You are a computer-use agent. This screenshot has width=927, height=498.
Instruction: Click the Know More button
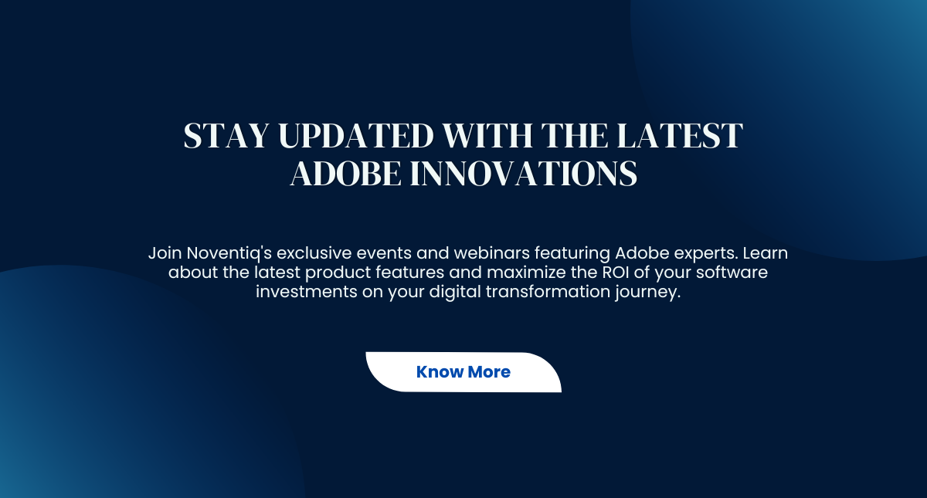(x=463, y=372)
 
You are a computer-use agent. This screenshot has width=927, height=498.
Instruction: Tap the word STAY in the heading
(x=226, y=135)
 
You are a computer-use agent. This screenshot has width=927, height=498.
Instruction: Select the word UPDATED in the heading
(x=356, y=135)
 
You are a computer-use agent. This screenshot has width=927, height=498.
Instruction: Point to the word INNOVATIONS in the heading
(x=524, y=173)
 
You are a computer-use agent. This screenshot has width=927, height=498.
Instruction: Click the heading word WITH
(x=487, y=135)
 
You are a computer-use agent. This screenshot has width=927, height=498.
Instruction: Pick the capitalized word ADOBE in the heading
(x=345, y=173)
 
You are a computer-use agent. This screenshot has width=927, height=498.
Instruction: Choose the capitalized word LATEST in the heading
(x=680, y=135)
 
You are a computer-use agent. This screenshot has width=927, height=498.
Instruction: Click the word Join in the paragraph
(x=165, y=253)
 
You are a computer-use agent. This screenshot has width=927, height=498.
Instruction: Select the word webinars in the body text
(x=491, y=252)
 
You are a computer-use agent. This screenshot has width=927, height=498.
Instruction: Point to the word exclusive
(x=314, y=252)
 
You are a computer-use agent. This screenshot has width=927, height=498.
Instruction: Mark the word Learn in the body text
(x=766, y=252)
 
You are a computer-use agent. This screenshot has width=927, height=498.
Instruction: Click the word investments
(x=306, y=292)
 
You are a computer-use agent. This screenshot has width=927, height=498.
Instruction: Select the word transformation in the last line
(x=548, y=292)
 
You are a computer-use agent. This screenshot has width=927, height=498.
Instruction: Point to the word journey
(x=647, y=293)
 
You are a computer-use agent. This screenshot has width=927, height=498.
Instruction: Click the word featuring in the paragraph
(x=572, y=253)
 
